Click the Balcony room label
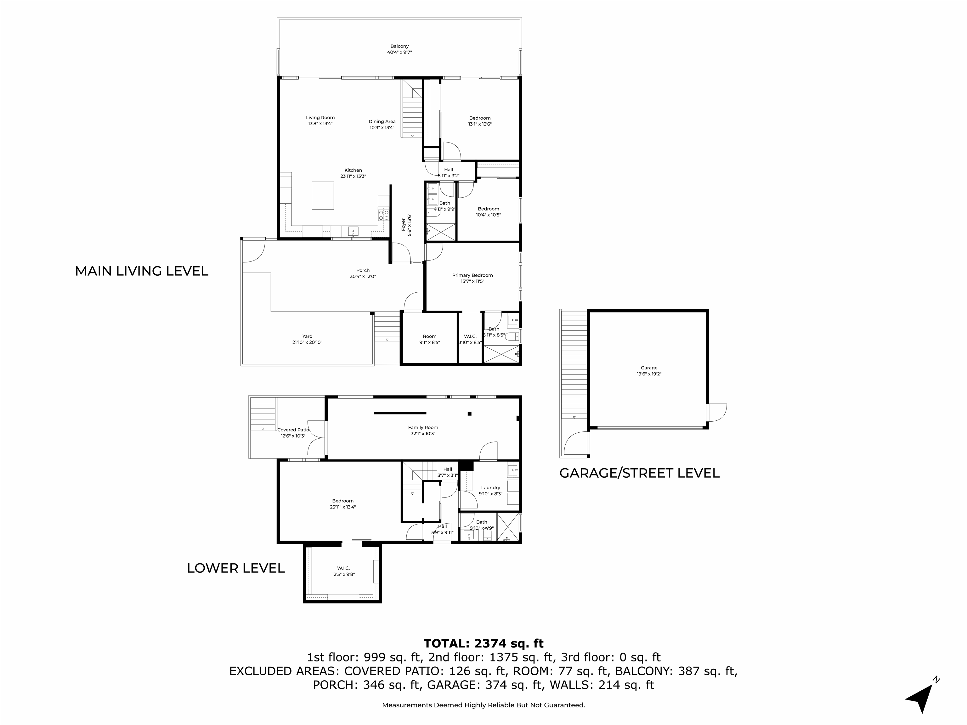[399, 46]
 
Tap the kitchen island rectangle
[323, 195]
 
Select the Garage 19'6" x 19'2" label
[649, 371]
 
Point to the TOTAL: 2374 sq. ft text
[483, 643]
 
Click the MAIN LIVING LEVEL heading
[142, 271]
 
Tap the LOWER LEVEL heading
[236, 568]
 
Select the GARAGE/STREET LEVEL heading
[639, 473]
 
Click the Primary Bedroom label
[472, 275]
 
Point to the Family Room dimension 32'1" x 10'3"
[423, 434]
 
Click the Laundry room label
[490, 488]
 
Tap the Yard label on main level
[307, 336]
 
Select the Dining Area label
[382, 121]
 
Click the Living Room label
[320, 118]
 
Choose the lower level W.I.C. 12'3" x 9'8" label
[343, 571]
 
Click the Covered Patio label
[293, 430]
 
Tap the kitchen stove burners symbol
[383, 215]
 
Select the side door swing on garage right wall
[717, 413]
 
